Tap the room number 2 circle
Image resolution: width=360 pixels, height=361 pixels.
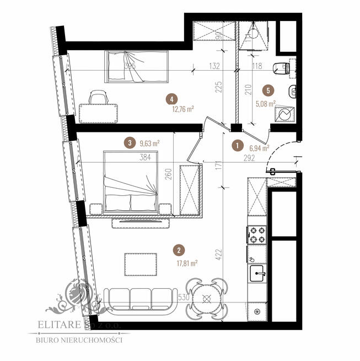(x=178, y=249)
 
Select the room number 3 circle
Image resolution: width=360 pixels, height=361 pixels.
(x=130, y=143)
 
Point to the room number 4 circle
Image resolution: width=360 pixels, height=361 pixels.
(x=173, y=99)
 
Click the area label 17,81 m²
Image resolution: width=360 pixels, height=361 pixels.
(x=187, y=263)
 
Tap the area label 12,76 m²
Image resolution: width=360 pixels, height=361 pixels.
(x=182, y=109)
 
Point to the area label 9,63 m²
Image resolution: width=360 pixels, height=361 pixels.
(x=149, y=143)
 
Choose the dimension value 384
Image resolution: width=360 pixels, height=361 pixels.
(x=146, y=157)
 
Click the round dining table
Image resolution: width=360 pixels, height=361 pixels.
(x=207, y=299)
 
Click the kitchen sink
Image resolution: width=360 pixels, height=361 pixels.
(x=257, y=272)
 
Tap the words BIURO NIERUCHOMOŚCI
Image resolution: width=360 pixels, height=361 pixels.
(x=79, y=340)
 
